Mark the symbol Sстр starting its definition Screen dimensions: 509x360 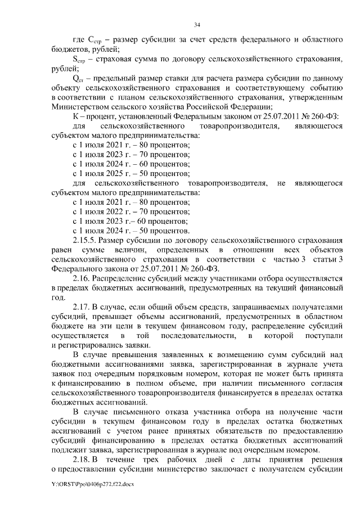pyautogui.click(x=80, y=59)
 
